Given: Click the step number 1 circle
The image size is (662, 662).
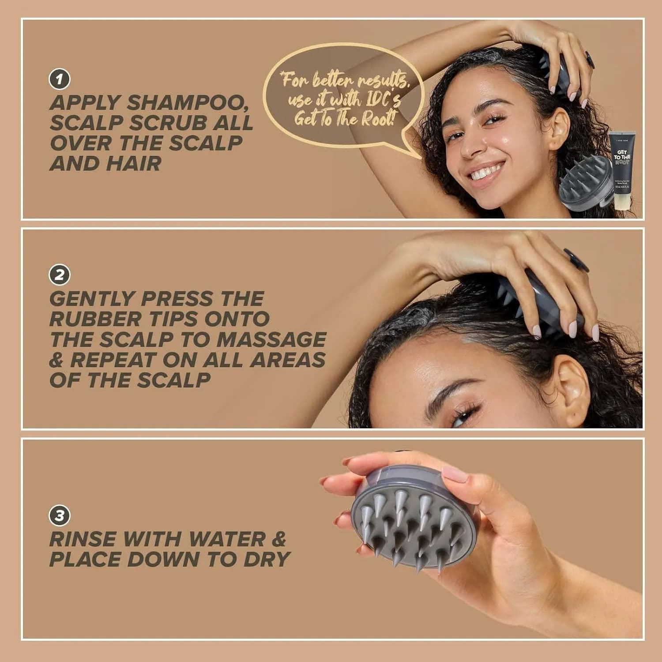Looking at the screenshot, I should tap(60, 79).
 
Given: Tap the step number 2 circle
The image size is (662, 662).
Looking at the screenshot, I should tap(60, 275).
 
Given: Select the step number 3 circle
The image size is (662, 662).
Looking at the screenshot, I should tap(60, 515).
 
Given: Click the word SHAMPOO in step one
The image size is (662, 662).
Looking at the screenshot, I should tap(187, 103).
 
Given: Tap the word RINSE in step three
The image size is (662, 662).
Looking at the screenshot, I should tap(82, 539).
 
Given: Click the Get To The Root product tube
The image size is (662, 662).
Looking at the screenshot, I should tap(622, 168).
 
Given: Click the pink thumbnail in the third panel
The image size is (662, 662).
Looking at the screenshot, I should tap(455, 475).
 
